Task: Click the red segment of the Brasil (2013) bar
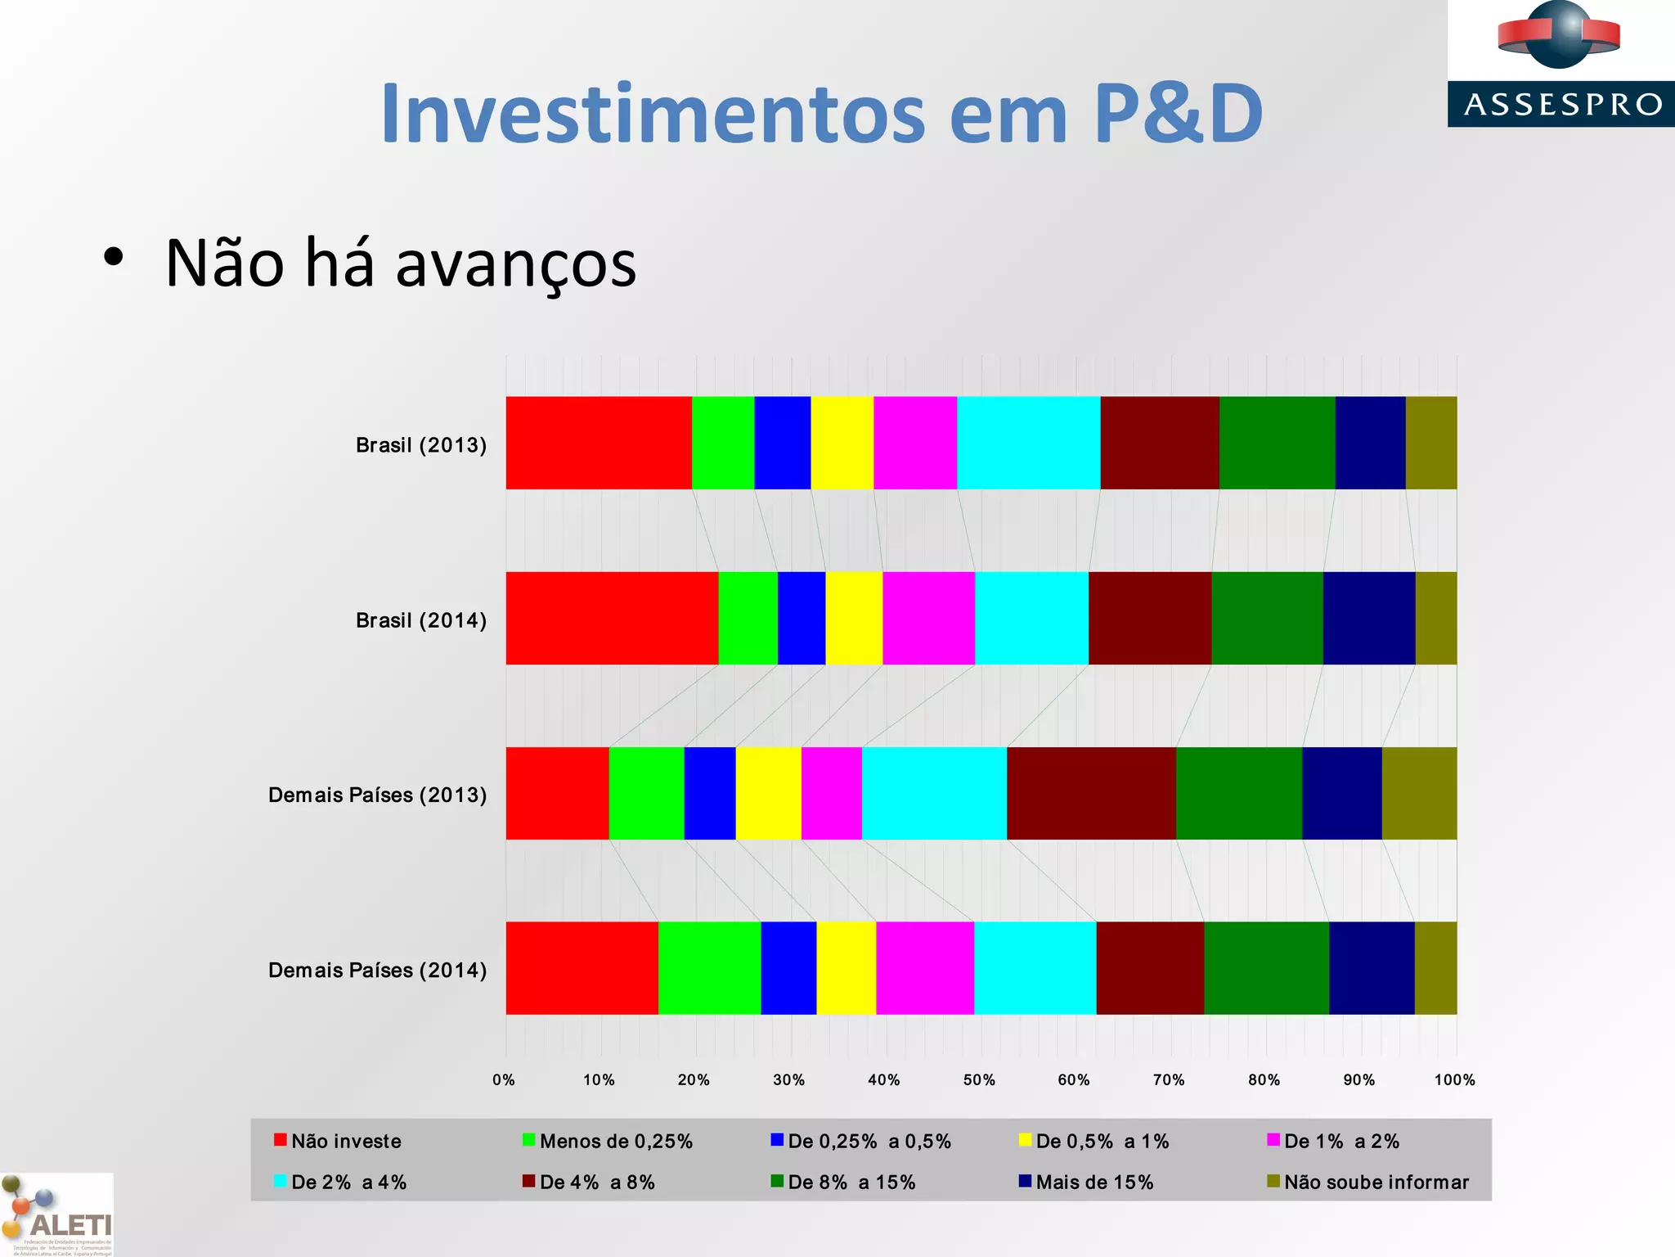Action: pos(599,443)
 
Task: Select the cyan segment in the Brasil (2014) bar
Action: pos(1031,618)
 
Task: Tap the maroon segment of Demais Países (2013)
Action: pos(1091,793)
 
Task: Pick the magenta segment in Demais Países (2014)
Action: pos(925,968)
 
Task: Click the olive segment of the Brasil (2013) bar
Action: pos(1431,443)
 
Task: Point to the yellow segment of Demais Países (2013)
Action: pos(768,793)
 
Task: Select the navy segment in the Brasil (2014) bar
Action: pos(1369,618)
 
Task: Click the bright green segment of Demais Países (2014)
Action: pos(709,968)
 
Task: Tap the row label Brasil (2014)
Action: pos(421,620)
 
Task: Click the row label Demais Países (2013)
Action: pos(377,795)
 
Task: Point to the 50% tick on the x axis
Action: pos(979,1079)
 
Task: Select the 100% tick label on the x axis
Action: pos(1454,1079)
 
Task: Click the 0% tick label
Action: pos(504,1079)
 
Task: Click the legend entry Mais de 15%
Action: pos(1093,1182)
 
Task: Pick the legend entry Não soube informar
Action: pos(1376,1182)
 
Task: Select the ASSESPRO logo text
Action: pos(1562,105)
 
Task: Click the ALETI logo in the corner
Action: pos(57,1216)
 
